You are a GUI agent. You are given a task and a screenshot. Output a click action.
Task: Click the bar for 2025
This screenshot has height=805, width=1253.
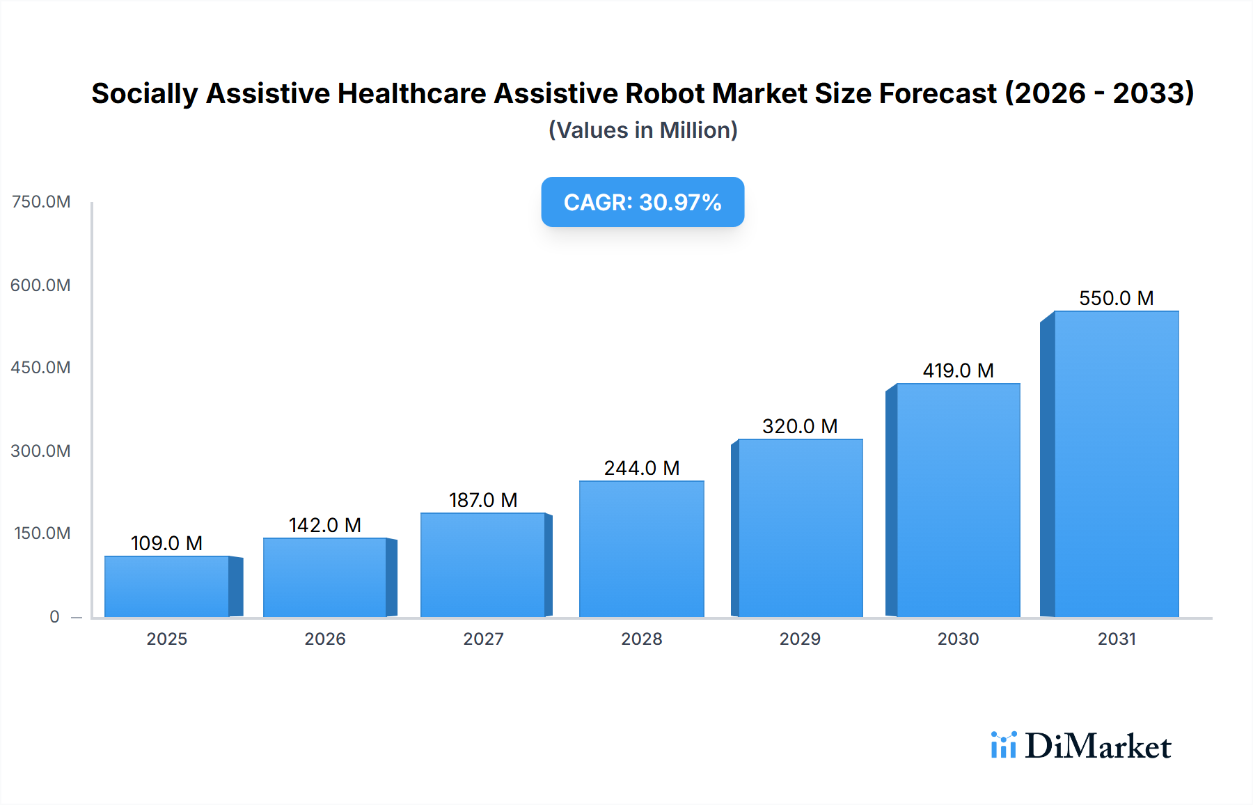coord(167,586)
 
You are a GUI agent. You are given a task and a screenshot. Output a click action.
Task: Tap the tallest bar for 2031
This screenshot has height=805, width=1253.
coord(1116,464)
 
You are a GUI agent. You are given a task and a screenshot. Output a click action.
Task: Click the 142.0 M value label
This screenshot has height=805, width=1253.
coord(325,525)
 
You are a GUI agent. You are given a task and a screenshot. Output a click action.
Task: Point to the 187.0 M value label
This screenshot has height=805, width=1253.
coord(483,500)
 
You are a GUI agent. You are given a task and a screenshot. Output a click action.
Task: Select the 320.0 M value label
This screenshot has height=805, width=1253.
coord(800,426)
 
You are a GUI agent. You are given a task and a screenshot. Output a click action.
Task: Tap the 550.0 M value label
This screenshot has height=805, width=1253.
coord(1116,298)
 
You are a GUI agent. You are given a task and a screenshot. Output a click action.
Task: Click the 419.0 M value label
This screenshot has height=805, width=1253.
coord(958,370)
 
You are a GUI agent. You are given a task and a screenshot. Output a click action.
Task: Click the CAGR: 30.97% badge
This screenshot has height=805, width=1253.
coord(643,202)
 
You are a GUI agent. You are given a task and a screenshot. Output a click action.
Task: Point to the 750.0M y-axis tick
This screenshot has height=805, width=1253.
coord(41,202)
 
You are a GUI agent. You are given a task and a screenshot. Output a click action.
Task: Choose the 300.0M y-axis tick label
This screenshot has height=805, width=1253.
coord(41,451)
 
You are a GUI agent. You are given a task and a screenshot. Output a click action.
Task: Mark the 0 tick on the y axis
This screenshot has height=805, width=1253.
coord(54,616)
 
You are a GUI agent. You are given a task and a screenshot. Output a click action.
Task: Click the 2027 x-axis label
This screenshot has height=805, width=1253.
coord(483,639)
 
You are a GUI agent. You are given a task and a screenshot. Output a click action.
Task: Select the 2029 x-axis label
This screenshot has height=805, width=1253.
coord(800,639)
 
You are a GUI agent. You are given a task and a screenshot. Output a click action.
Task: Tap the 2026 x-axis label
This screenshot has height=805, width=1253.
coord(325,639)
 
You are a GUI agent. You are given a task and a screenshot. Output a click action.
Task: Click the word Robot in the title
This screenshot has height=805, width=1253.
coord(664,93)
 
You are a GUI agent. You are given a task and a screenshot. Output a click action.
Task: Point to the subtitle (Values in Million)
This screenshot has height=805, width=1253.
coord(643,130)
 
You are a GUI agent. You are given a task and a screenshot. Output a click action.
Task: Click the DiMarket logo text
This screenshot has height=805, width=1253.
coord(1098,746)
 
